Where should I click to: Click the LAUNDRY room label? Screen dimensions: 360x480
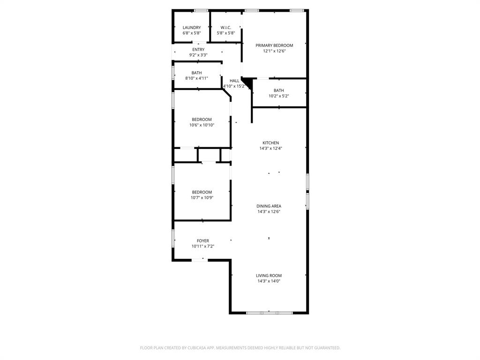point(191,28)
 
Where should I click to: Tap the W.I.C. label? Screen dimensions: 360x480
point(226,28)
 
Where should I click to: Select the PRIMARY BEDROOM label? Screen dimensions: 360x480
point(274,45)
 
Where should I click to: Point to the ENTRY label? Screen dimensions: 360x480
point(198,50)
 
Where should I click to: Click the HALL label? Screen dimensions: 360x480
point(234,81)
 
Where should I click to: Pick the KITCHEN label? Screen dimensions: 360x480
point(270,143)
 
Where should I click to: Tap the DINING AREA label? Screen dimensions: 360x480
point(269,206)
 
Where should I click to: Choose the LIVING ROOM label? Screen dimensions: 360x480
point(269,276)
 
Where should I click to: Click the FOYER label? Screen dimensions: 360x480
point(203,241)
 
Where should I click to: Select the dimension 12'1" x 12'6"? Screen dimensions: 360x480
point(274,51)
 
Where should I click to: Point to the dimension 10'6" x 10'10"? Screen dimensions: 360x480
point(202,125)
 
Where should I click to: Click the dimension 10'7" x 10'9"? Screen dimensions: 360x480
point(202,198)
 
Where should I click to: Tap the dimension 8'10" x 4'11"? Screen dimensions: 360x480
point(196,78)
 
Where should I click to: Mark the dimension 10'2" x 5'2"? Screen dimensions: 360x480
point(278,96)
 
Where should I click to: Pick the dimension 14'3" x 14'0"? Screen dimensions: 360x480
point(269,281)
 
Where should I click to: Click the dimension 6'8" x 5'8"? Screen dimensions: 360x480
point(191,33)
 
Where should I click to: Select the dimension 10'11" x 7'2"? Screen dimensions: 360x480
point(203,247)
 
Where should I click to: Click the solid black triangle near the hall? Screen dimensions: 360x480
point(247,83)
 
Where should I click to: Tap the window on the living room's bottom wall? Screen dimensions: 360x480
point(269,312)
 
